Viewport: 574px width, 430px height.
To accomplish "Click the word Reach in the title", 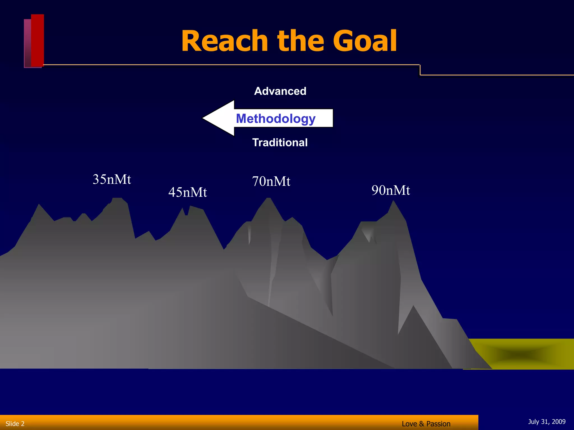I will point(224,41).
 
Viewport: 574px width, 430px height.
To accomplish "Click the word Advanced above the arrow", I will point(280,91).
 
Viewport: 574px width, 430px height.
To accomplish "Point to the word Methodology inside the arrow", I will point(276,118).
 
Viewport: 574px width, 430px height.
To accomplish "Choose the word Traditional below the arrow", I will point(280,142).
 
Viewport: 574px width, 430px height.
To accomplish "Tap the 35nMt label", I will point(112,179).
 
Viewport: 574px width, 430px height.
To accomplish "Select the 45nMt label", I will point(188,192).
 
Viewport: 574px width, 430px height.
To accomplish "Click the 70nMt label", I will point(271,181).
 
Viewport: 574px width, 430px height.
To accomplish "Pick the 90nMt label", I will point(391,190).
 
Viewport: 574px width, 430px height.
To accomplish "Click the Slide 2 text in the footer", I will point(15,424).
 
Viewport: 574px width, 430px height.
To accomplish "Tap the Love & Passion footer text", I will point(426,424).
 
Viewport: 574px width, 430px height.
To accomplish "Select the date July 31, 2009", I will point(547,422).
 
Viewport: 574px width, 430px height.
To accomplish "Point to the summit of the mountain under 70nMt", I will point(269,199).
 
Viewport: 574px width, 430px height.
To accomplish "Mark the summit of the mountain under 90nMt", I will point(394,202).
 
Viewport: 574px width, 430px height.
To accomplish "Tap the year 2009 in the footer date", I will point(559,422).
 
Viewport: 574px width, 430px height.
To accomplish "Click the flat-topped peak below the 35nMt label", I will point(117,199).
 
